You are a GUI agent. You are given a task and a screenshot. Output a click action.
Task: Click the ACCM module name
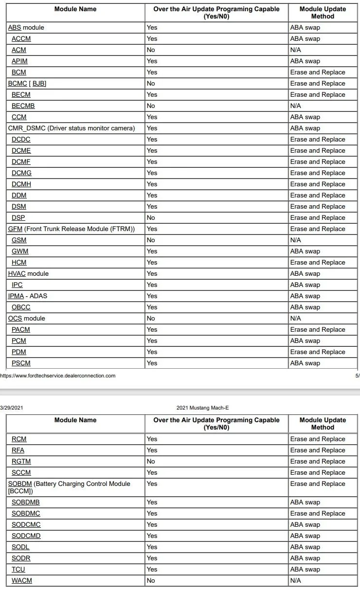tap(21, 39)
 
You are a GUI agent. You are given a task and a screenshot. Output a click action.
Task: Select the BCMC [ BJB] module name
tap(27, 84)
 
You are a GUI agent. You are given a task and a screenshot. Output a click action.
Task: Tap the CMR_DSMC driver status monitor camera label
tap(72, 128)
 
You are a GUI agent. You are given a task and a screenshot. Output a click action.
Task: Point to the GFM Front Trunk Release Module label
tap(72, 229)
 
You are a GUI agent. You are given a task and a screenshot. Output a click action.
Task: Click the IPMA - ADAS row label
tap(28, 296)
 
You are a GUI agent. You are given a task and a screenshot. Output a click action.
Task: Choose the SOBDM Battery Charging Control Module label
tap(69, 487)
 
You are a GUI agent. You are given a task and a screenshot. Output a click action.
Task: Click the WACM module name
tap(22, 581)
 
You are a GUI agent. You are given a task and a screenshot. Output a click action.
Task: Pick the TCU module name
tap(18, 570)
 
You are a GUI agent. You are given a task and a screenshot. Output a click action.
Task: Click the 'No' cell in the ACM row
tap(151, 50)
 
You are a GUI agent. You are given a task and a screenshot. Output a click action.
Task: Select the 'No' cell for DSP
tap(151, 218)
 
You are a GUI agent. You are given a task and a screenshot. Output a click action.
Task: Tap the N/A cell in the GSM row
tap(296, 240)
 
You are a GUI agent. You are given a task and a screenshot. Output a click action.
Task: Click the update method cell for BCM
tap(318, 72)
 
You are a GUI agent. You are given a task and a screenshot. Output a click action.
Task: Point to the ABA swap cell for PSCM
tap(305, 363)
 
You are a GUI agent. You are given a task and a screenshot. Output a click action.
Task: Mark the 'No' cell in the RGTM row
tap(151, 462)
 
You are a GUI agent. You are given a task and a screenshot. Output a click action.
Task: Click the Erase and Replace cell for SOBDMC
tap(318, 514)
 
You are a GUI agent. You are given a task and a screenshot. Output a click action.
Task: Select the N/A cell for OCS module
tap(296, 319)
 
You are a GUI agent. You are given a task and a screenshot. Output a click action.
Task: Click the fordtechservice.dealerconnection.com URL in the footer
tap(58, 376)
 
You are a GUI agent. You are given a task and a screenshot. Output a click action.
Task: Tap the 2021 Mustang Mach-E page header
tap(202, 408)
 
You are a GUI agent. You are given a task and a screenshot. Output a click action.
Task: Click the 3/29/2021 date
tap(11, 408)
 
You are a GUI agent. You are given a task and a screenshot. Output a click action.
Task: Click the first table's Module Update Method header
tap(323, 13)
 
